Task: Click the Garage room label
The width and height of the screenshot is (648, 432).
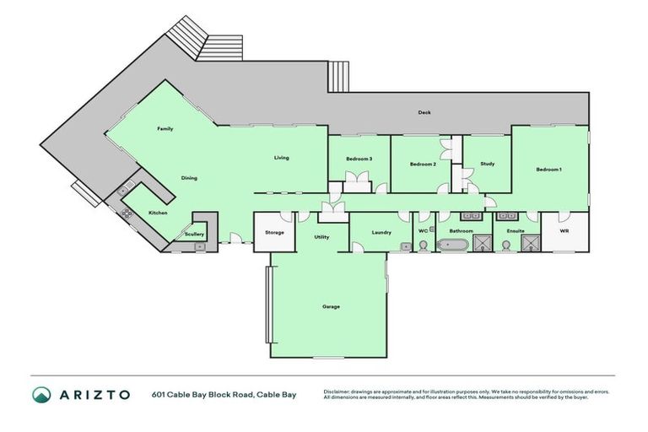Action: (x=331, y=306)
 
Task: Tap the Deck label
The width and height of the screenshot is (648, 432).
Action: (x=425, y=112)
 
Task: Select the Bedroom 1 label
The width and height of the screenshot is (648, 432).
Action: (x=548, y=170)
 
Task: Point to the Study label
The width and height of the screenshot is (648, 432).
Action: (x=487, y=164)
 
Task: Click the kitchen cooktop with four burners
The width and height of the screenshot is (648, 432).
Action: (x=127, y=213)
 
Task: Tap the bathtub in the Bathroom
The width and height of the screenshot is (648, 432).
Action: (x=451, y=245)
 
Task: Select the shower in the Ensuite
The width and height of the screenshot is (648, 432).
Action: (x=531, y=244)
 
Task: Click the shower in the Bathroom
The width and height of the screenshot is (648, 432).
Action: (x=481, y=244)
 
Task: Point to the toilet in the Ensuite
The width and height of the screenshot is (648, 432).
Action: (x=505, y=245)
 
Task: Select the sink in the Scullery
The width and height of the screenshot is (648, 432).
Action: (x=199, y=246)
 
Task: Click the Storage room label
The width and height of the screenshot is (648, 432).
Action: (x=274, y=232)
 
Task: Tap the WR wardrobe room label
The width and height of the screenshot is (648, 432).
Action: (x=564, y=229)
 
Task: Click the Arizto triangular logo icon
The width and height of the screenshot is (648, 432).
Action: (x=41, y=394)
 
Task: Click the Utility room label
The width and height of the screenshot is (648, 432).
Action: (x=321, y=237)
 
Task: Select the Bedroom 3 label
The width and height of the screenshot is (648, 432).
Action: (x=359, y=159)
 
